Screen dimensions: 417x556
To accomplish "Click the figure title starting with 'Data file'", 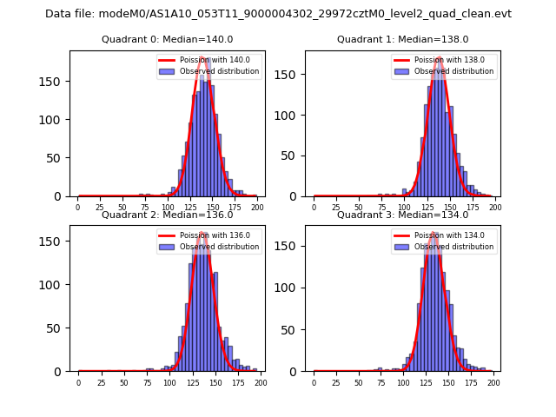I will click(x=278, y=14).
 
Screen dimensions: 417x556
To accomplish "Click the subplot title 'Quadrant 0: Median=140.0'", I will click(x=167, y=39).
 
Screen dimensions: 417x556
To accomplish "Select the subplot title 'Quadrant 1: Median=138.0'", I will click(x=402, y=39).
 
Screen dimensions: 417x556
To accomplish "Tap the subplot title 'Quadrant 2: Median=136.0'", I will click(x=167, y=215).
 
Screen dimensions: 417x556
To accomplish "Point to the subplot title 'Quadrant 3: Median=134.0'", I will click(x=402, y=215).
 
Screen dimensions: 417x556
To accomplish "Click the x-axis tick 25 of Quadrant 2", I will click(x=101, y=382).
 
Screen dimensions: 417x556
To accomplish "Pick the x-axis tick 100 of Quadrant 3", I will click(x=404, y=382).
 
